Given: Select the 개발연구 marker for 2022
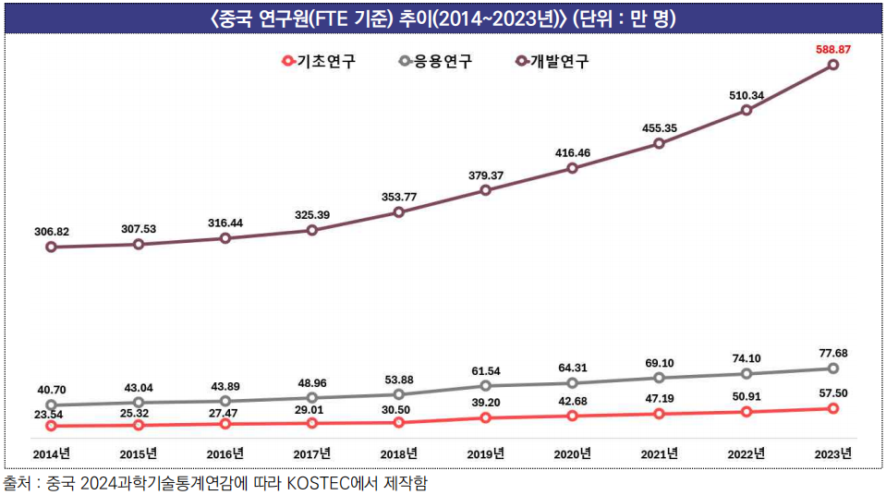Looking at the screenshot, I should pyautogui.click(x=746, y=111).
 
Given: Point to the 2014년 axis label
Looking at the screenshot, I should pyautogui.click(x=51, y=453).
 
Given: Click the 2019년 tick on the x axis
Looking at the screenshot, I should pyautogui.click(x=486, y=453).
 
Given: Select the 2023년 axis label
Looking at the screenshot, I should pyautogui.click(x=833, y=453).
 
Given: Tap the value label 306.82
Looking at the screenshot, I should pyautogui.click(x=51, y=231).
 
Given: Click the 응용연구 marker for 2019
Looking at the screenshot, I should pyautogui.click(x=486, y=385).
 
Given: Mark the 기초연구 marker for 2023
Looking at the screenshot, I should pyautogui.click(x=833, y=408).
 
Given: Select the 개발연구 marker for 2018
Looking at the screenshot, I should pyautogui.click(x=399, y=212).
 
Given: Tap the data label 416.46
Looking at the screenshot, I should pyautogui.click(x=573, y=151).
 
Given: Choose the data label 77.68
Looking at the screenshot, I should pyautogui.click(x=832, y=353).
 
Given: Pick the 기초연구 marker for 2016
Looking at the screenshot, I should pyautogui.click(x=225, y=424).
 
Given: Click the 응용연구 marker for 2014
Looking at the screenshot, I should pyautogui.click(x=51, y=404).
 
